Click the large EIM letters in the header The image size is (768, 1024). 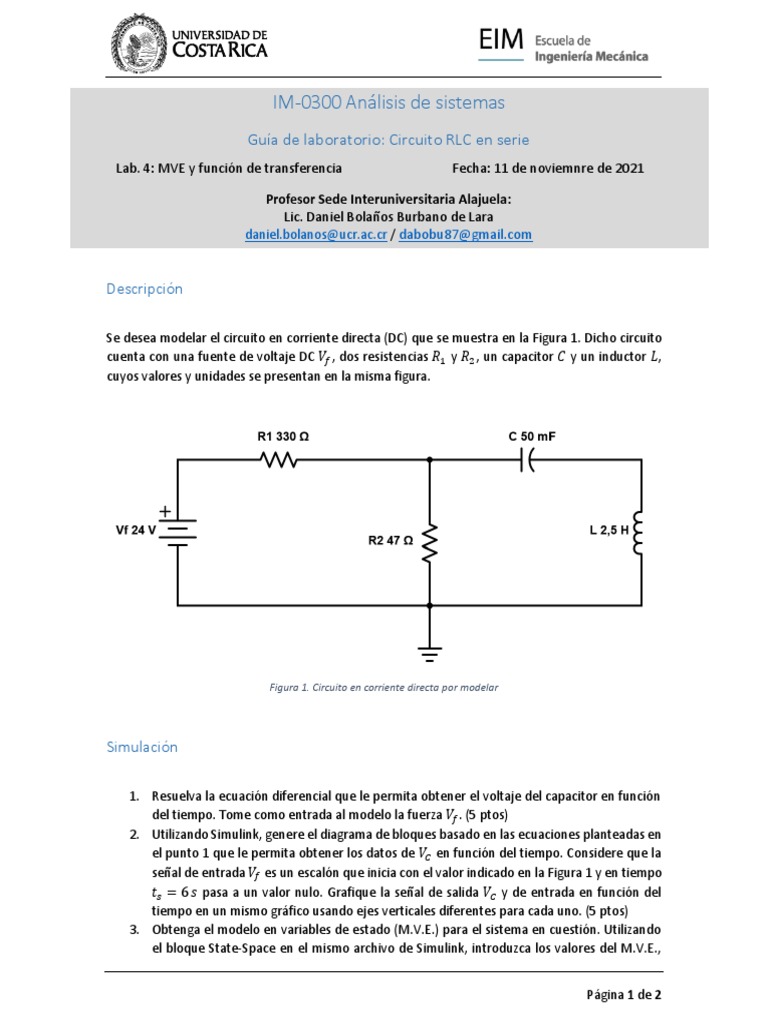tap(501, 40)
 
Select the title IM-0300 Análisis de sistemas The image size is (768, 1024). tap(388, 102)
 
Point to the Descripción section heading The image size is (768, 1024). tap(146, 288)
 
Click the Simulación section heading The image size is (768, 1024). tap(142, 746)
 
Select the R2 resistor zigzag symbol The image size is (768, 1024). tap(430, 544)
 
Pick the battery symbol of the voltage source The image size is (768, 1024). tap(178, 530)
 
